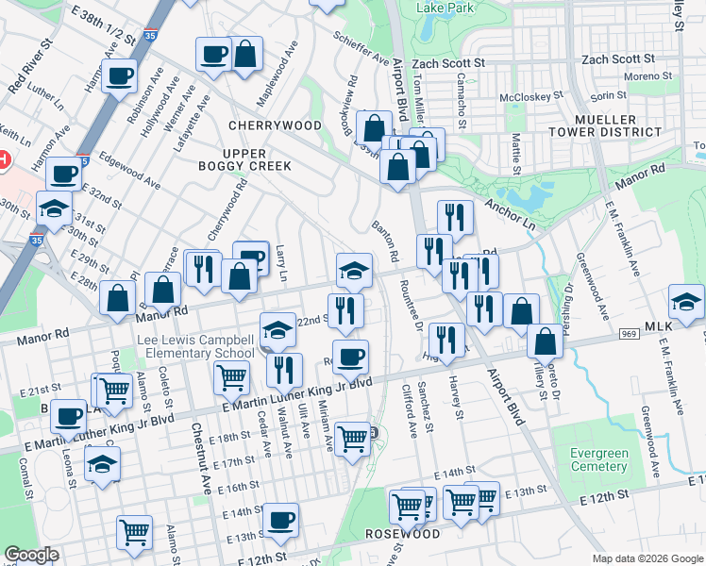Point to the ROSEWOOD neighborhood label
click(403, 534)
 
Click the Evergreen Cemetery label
click(599, 459)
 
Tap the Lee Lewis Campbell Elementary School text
click(195, 346)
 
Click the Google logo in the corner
click(31, 555)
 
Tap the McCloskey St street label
click(530, 96)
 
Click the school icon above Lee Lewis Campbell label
click(277, 329)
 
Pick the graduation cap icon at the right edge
click(685, 302)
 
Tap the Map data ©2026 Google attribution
click(647, 558)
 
